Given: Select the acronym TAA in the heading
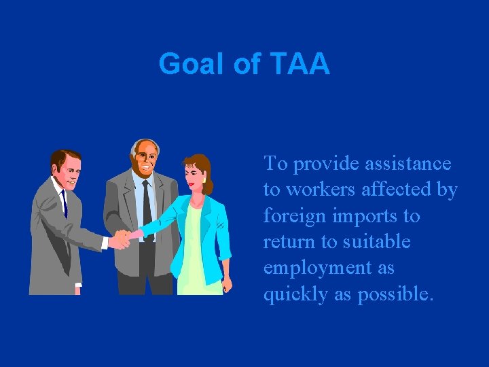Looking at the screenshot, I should coord(299,65).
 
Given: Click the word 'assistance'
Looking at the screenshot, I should coord(408,164).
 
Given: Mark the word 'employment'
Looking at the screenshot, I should coord(320,268).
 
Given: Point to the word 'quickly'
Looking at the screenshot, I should coord(295,294).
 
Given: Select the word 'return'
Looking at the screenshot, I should coord(289,242).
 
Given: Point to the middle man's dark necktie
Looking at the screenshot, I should coord(147,202).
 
